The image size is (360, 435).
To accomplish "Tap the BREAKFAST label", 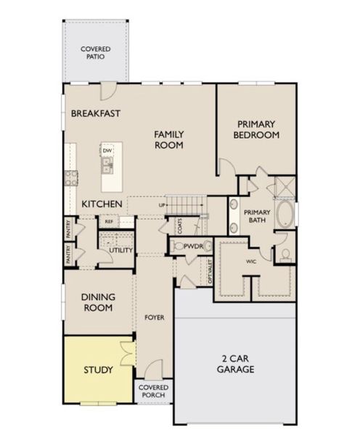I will [x=95, y=113].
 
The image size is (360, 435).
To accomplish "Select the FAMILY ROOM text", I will [x=168, y=139].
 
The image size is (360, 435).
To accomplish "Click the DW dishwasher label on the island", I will [x=107, y=151].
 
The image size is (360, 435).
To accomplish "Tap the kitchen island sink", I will [x=107, y=166].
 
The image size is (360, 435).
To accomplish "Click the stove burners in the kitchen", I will [x=72, y=178].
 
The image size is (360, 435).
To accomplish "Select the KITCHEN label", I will [x=101, y=204].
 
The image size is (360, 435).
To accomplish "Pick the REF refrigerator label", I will [x=109, y=222].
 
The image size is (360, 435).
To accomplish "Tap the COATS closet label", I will [x=179, y=225].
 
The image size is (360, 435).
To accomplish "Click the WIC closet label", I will [x=252, y=262].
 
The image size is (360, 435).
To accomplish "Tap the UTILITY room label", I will [x=121, y=250].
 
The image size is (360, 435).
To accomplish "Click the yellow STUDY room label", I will [x=97, y=370].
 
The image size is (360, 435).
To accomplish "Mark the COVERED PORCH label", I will [x=153, y=392].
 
